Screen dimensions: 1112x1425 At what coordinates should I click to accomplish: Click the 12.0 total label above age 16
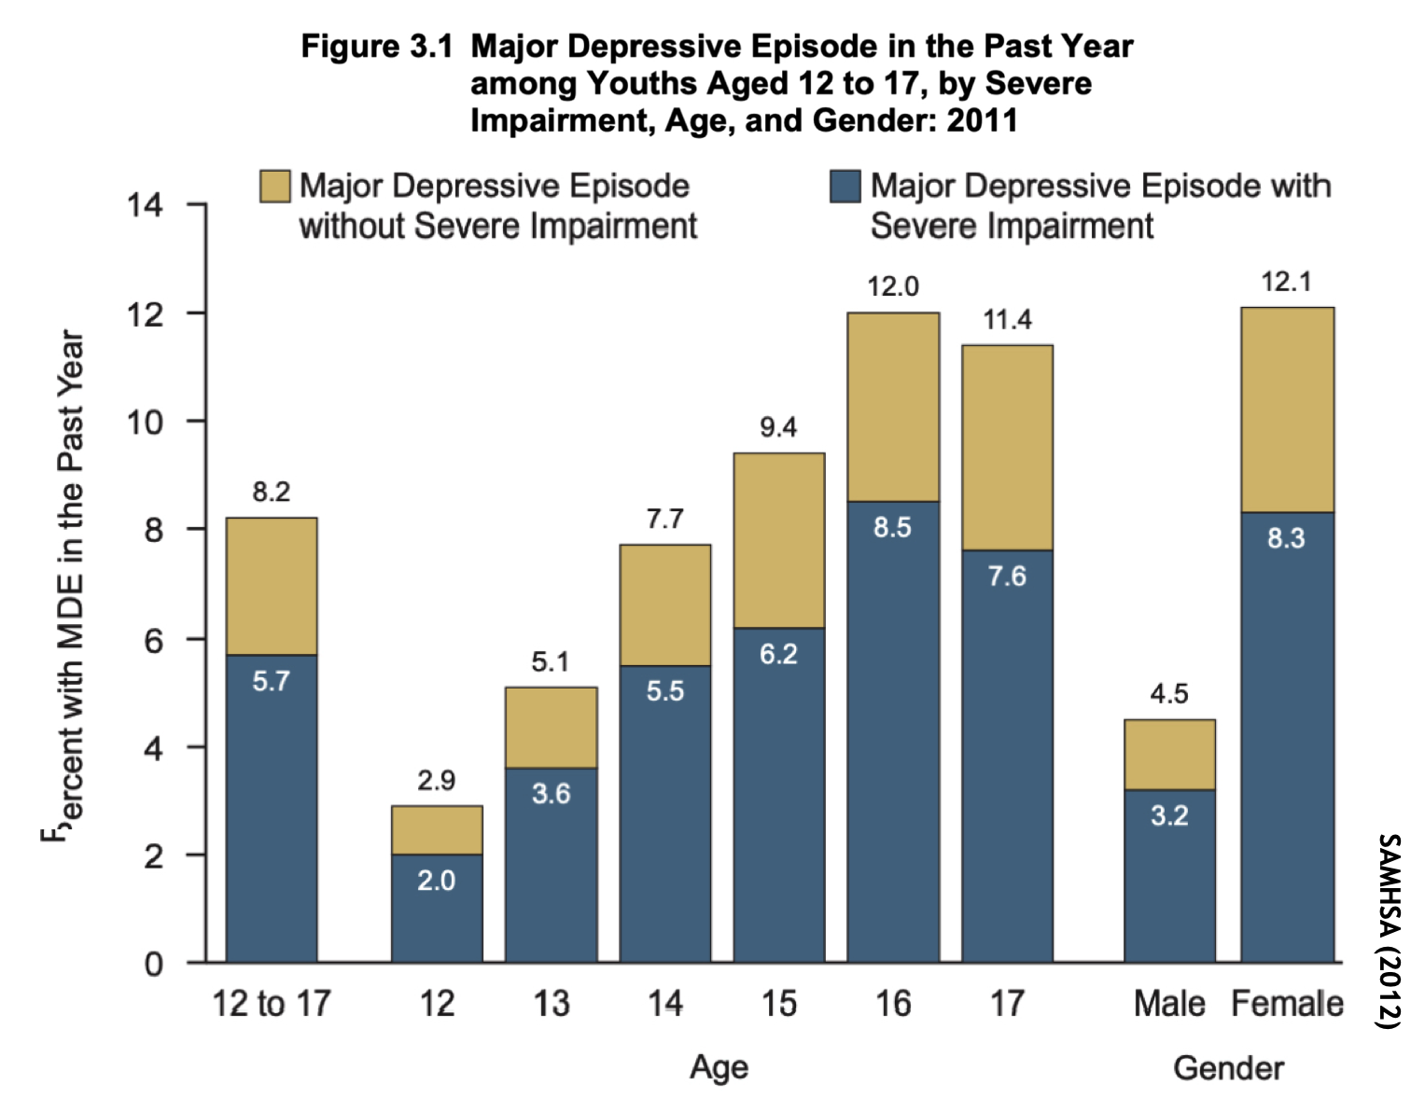893,286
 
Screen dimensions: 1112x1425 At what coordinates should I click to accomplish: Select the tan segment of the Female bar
1287,410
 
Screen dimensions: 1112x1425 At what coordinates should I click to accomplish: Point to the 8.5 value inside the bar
892,527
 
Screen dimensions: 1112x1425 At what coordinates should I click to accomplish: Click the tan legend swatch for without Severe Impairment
275,186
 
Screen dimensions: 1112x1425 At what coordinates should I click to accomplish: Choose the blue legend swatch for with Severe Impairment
845,186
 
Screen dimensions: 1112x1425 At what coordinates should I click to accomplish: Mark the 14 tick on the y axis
145,204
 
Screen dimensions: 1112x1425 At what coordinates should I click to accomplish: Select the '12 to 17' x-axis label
271,1004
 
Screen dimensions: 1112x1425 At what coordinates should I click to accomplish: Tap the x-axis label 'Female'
1287,1004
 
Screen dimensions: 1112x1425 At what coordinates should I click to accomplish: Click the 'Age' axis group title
719,1067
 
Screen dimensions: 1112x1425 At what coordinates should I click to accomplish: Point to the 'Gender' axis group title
1228,1067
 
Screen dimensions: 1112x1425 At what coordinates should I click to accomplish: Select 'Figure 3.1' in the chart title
376,46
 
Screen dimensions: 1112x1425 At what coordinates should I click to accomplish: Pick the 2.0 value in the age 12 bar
436,881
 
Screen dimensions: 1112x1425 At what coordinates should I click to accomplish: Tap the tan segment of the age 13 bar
551,728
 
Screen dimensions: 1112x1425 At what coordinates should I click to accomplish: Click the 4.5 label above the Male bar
1169,694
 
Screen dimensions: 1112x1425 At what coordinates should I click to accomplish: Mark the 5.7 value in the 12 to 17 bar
271,681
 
